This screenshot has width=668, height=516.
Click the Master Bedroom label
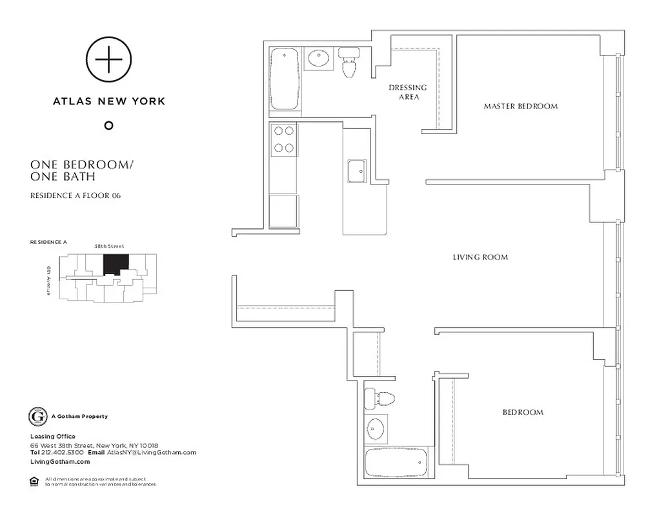coord(520,106)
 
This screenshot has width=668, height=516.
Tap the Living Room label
coord(480,257)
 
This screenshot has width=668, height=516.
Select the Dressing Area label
coord(407,92)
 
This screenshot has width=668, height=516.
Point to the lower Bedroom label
coord(523,412)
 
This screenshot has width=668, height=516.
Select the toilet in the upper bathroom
coord(349,64)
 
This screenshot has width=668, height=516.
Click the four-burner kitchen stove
coord(284,139)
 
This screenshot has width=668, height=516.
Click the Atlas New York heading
coord(109,101)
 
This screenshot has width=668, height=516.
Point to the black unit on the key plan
coord(116,263)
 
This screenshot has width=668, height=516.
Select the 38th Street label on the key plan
coord(109,246)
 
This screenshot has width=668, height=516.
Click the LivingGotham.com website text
coord(60,462)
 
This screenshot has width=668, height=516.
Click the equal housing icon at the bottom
coord(34,481)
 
